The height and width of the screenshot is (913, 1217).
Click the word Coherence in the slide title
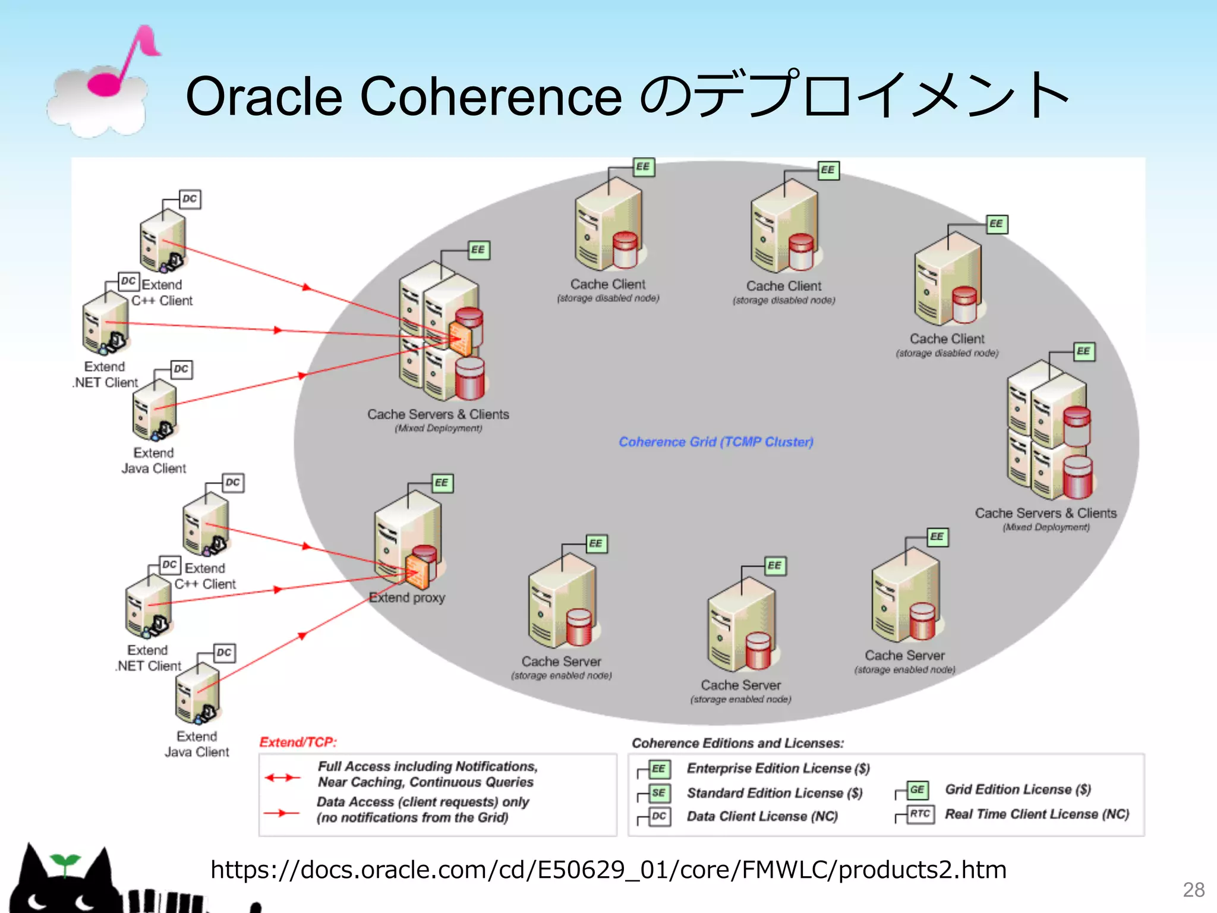[491, 96]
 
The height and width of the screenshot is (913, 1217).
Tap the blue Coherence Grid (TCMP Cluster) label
[715, 442]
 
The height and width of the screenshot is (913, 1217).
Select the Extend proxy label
[407, 597]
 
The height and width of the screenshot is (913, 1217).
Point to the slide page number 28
[1193, 890]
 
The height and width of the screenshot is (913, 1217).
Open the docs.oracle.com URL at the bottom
[608, 870]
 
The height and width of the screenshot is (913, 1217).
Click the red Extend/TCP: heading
[298, 742]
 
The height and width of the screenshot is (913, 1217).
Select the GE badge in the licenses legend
[917, 789]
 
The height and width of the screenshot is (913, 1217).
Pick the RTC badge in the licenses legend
[920, 814]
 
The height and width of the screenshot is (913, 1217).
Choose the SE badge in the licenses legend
[658, 793]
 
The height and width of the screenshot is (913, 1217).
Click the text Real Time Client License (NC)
[1037, 814]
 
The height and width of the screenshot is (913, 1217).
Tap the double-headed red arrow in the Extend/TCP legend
[282, 777]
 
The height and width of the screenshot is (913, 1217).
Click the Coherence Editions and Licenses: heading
[737, 743]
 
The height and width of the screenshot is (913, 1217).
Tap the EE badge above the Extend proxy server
[442, 483]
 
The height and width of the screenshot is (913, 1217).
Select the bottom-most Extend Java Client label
[197, 744]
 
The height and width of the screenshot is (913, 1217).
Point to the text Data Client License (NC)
[762, 817]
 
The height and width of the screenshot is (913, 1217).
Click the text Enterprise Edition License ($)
[778, 769]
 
